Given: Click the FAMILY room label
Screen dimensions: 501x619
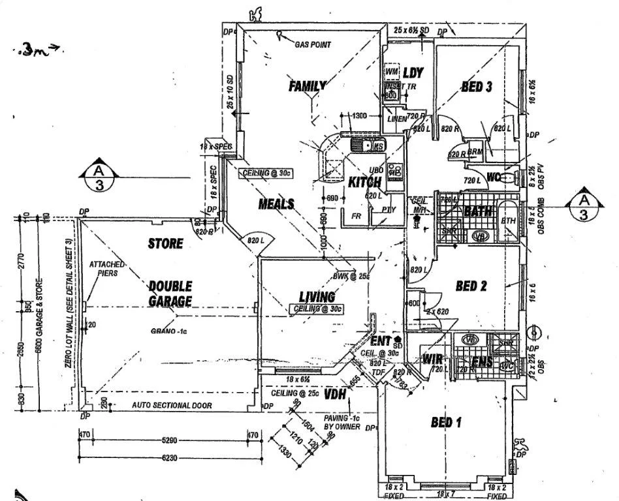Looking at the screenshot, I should pos(308,85).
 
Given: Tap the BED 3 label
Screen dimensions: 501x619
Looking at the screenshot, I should pos(476,87).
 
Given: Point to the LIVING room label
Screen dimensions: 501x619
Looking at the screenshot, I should pos(317,297).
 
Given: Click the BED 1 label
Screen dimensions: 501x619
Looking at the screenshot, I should pos(446,423).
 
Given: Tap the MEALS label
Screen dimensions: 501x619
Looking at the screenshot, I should pos(276,204).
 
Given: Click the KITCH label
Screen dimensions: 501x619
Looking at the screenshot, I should pos(364,182).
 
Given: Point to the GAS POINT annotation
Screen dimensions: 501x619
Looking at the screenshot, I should pos(313,44).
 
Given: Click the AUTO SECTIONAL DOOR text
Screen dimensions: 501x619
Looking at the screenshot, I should pos(172,405).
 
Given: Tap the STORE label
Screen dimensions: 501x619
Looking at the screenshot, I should pos(165,244).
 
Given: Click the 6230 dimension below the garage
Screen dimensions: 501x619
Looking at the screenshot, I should pos(170,459).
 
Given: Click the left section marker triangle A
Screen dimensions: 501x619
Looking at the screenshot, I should pos(99,166).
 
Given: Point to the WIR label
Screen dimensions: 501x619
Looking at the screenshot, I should pos(433,359).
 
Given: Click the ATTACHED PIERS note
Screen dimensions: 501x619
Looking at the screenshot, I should pos(104,269).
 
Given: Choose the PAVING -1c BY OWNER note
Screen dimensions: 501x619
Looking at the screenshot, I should pos(342,421).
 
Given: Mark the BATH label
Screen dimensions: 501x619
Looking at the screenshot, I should pos(477,211).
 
